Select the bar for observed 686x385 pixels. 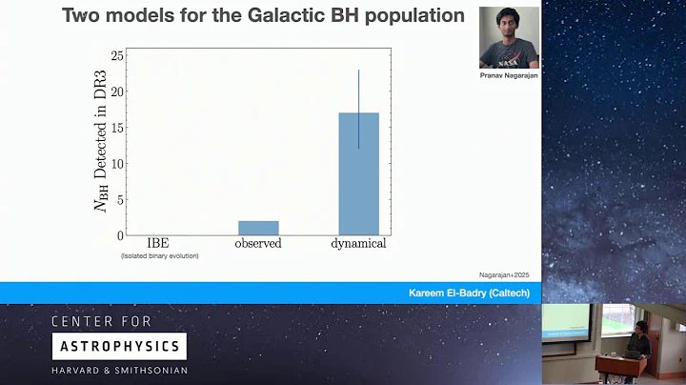pos(258,228)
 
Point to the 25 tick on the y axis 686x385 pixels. pos(118,56)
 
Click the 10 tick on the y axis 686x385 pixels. pos(118,163)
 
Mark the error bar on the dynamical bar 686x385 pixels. pos(358,107)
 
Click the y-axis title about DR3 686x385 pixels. pos(101,146)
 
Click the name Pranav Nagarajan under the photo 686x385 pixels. pos(508,75)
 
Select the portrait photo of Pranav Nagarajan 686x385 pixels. pos(509,37)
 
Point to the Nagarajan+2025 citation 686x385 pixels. pos(502,274)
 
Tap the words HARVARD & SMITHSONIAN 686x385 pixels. pos(118,371)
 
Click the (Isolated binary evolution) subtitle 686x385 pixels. pos(159,256)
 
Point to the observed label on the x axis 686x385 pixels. pos(258,244)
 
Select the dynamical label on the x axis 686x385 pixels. pos(358,244)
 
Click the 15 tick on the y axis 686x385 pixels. pos(118,128)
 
